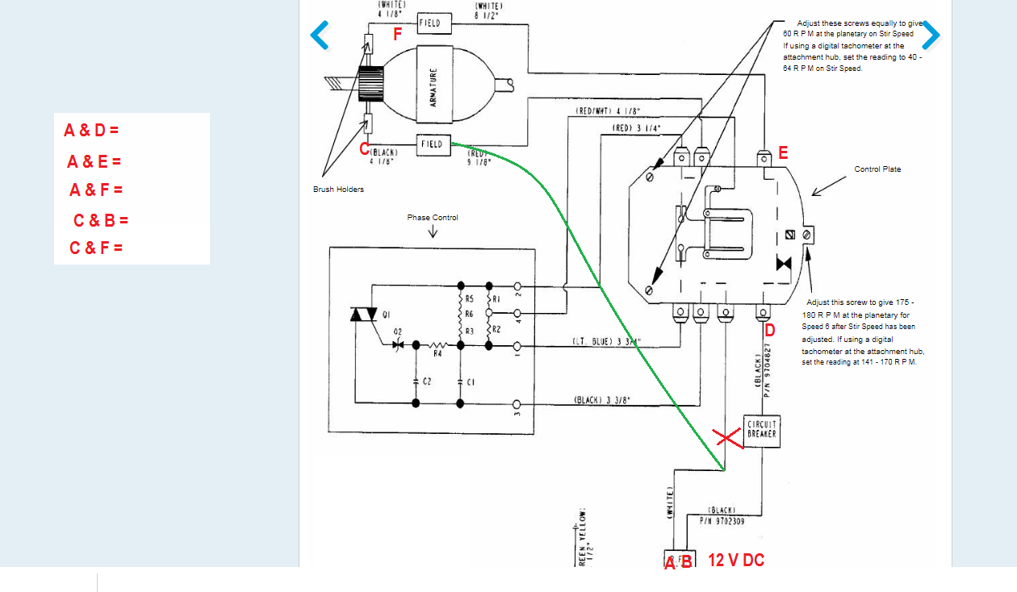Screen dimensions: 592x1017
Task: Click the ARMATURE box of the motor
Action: coord(433,86)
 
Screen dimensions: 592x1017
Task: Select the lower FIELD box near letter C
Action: coord(433,144)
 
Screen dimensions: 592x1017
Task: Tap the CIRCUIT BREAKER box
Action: coord(762,430)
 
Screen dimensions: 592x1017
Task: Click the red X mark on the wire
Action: coord(727,438)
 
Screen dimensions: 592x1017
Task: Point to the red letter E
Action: coord(783,153)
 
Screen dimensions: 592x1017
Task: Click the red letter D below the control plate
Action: coord(770,331)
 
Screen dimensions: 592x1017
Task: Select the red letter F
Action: coord(397,35)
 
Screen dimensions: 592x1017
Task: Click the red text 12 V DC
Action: coord(736,560)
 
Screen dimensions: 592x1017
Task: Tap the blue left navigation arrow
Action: coord(320,35)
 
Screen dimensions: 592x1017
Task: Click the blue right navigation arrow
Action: coord(931,35)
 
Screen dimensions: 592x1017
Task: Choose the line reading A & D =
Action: coord(91,130)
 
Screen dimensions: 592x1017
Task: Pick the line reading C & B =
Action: coord(101,220)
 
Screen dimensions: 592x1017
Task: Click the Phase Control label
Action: coord(433,218)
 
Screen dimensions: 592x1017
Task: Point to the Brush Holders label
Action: coord(338,190)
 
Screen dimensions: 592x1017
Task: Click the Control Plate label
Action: coord(877,169)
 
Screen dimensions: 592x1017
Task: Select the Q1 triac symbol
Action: coord(364,315)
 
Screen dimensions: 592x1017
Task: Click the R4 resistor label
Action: coord(438,353)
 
